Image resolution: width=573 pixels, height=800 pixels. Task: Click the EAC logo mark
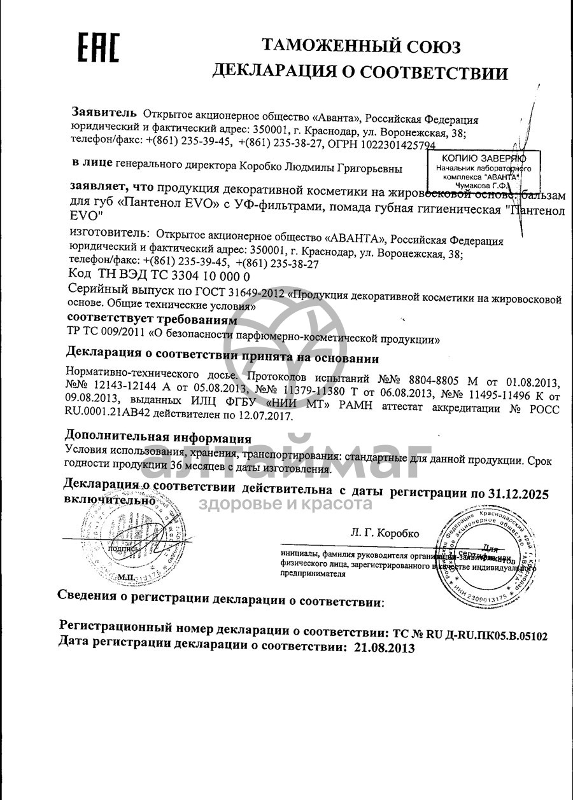(98, 48)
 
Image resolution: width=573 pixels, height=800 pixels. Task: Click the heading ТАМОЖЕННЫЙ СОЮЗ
(362, 46)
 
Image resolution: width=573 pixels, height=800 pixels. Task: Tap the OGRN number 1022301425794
(395, 145)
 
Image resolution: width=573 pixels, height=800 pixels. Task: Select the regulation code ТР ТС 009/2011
(104, 331)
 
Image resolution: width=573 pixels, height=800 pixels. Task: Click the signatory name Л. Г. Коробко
(385, 534)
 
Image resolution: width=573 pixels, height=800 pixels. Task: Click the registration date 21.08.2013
(381, 648)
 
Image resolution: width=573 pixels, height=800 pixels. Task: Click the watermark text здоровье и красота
(285, 504)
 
